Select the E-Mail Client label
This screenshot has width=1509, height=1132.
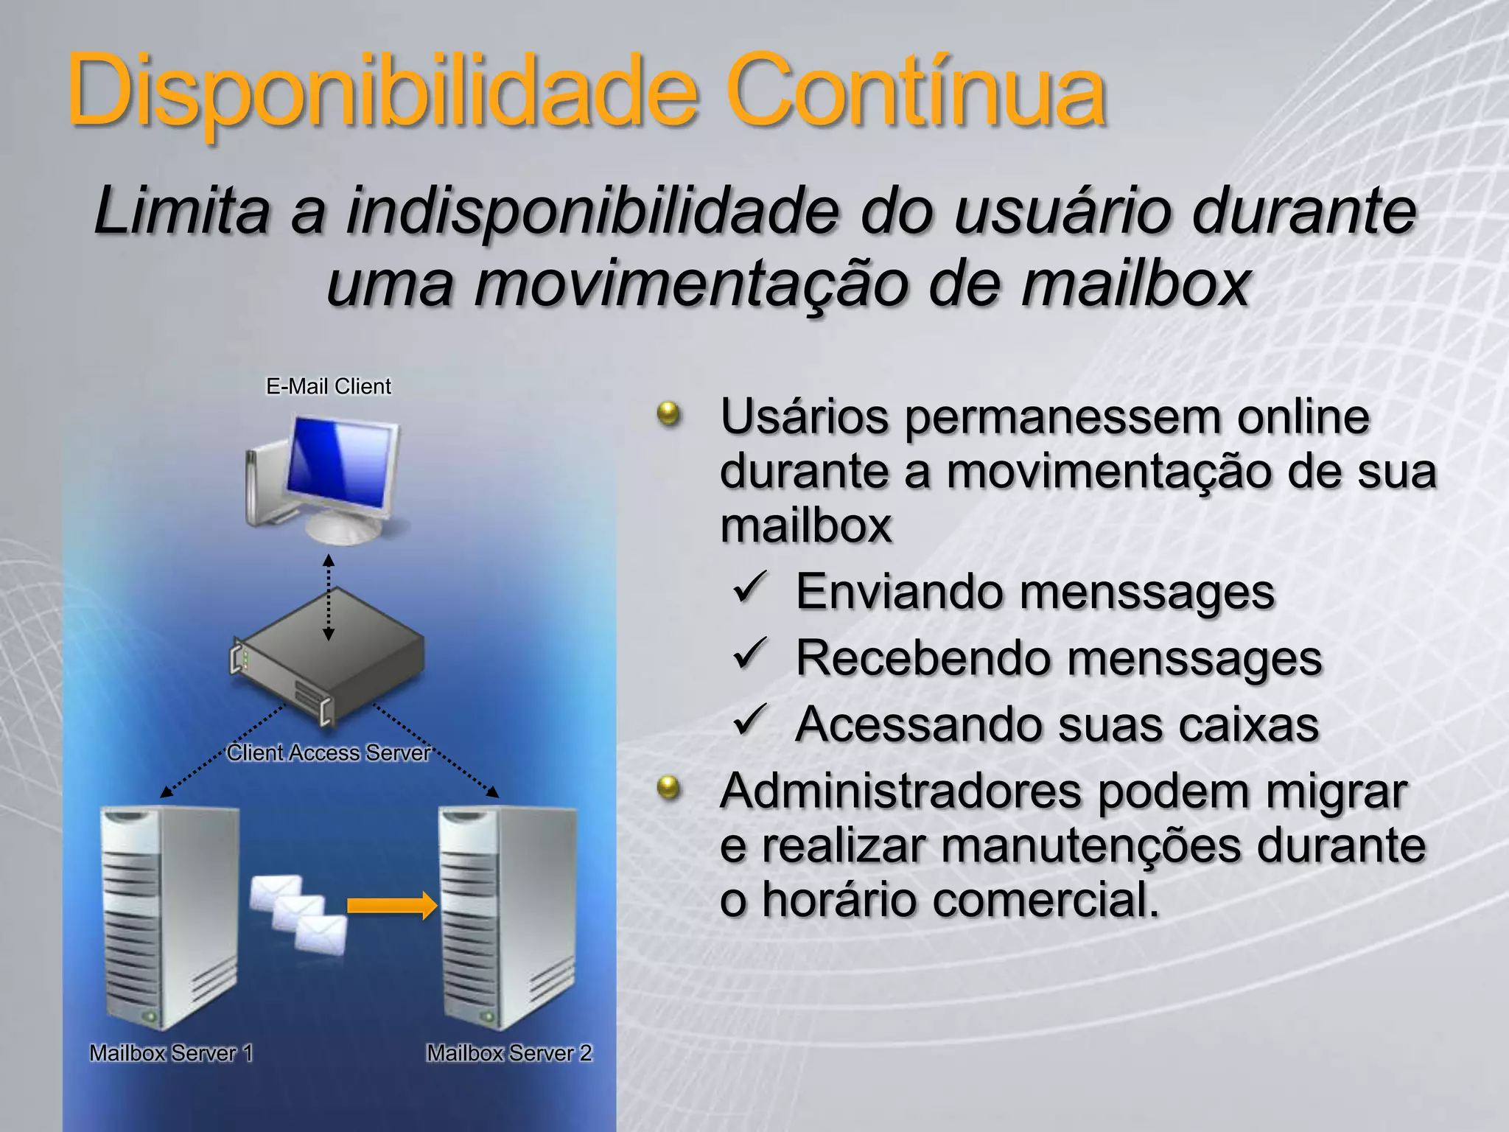(x=329, y=386)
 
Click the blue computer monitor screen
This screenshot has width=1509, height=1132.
(x=340, y=463)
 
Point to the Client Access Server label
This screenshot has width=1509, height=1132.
(x=329, y=752)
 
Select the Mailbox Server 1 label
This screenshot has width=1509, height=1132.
(x=171, y=1053)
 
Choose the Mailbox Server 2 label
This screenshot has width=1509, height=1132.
(x=509, y=1053)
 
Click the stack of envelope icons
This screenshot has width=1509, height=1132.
(x=298, y=914)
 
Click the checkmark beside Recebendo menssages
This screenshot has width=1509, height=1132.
(x=751, y=654)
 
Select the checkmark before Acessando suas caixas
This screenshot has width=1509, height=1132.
(x=751, y=719)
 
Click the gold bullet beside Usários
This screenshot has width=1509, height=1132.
(x=669, y=414)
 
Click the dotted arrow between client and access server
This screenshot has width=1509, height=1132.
(x=329, y=597)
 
